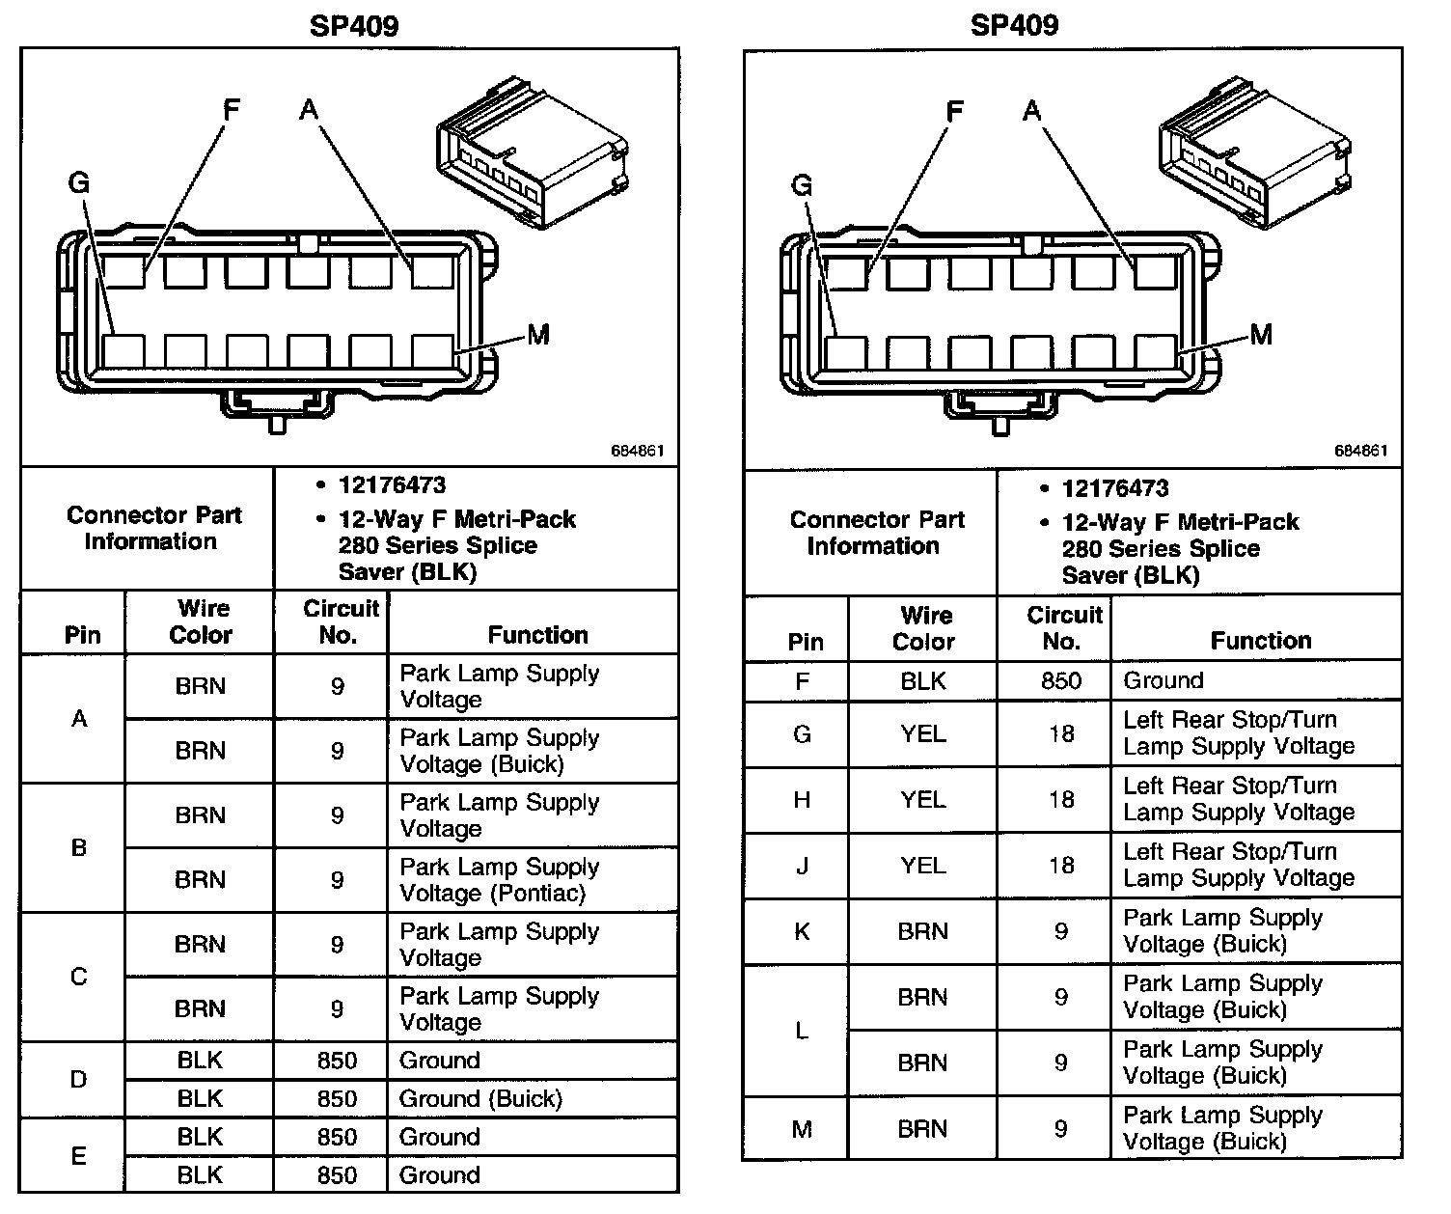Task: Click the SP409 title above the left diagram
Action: pyautogui.click(x=353, y=26)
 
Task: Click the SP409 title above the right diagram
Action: pyautogui.click(x=1014, y=25)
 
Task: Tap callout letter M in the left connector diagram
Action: pyautogui.click(x=537, y=335)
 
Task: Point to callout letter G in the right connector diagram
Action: pyautogui.click(x=801, y=185)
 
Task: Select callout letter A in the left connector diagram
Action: pyautogui.click(x=308, y=110)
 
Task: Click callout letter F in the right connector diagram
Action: pyautogui.click(x=954, y=112)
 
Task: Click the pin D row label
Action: pyautogui.click(x=79, y=1079)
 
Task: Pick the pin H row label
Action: pyautogui.click(x=802, y=800)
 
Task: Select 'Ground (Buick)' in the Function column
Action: pyautogui.click(x=480, y=1098)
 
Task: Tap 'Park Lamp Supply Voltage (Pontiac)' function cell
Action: pyautogui.click(x=499, y=880)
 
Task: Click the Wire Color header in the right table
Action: pyautogui.click(x=922, y=628)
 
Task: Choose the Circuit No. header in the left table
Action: pyautogui.click(x=340, y=621)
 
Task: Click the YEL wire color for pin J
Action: pyautogui.click(x=922, y=866)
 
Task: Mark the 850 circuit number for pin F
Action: pyautogui.click(x=1060, y=680)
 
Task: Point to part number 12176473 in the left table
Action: pyautogui.click(x=392, y=485)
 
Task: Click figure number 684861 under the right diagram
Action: pyautogui.click(x=1360, y=451)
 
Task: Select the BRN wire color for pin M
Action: pyautogui.click(x=922, y=1128)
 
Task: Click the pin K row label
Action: pyautogui.click(x=802, y=932)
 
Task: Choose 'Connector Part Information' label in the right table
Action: pyautogui.click(x=876, y=533)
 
